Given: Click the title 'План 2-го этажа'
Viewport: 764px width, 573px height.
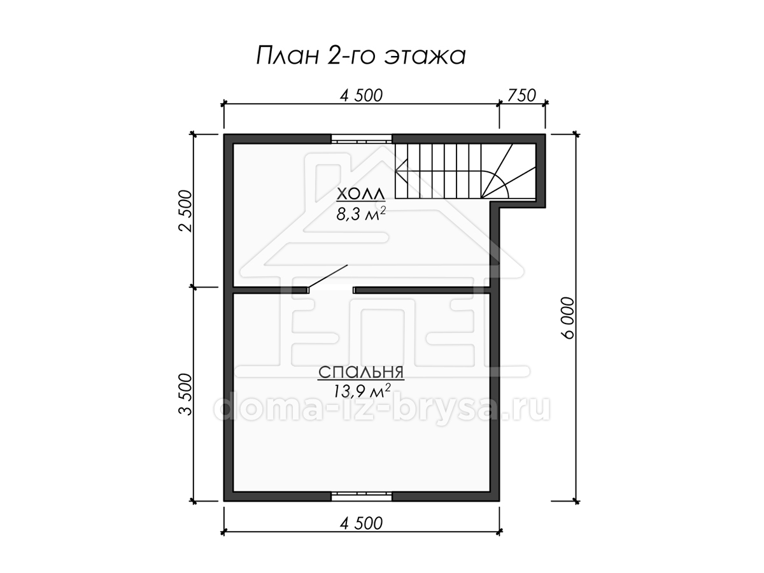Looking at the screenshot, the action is click(360, 55).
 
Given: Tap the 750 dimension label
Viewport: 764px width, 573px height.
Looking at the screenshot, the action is click(521, 95).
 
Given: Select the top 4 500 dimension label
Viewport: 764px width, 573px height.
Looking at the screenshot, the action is click(361, 95).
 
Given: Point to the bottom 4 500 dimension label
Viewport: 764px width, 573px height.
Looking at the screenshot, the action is click(361, 523).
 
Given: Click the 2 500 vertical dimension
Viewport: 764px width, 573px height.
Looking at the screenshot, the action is click(185, 211).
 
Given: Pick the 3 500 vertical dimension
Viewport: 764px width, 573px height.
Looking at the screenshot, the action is click(185, 394).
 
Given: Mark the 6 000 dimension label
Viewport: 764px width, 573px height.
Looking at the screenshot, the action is click(567, 318).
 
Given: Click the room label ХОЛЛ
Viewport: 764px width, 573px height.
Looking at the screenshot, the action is click(360, 194).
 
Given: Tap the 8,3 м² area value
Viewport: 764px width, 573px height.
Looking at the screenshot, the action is click(360, 214).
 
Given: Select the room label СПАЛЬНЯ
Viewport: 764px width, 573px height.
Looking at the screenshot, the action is click(361, 372).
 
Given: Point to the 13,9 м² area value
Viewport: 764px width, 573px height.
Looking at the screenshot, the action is click(362, 392).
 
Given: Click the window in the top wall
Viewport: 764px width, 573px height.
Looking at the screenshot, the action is click(361, 139).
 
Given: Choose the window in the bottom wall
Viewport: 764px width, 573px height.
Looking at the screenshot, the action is click(361, 496).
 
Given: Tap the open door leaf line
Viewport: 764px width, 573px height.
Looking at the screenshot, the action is click(327, 276).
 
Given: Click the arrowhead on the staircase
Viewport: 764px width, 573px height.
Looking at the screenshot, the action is click(401, 171).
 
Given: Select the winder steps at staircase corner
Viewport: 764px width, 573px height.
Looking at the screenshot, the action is click(509, 171).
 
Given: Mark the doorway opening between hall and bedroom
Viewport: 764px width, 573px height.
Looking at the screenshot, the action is click(330, 290).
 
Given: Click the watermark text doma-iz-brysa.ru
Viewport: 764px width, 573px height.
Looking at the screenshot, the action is click(381, 409).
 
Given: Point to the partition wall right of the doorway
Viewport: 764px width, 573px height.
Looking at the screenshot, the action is click(422, 290).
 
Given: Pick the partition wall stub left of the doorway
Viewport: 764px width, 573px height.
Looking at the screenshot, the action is click(271, 290).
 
